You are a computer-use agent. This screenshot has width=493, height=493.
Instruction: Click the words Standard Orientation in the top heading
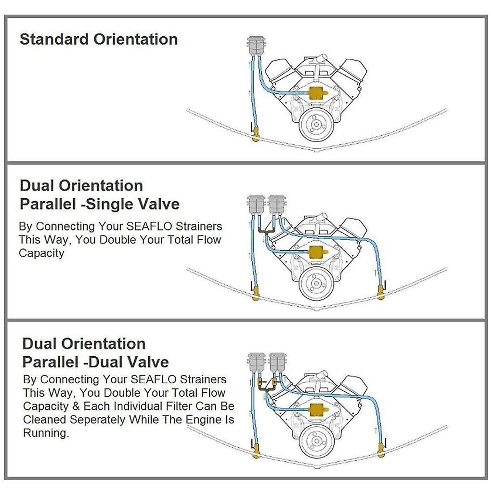[99, 39]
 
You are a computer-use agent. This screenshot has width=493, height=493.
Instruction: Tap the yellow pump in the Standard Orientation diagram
[316, 94]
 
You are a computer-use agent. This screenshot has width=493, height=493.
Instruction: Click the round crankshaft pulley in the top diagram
[315, 124]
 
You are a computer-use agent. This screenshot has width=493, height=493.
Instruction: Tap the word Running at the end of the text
[45, 433]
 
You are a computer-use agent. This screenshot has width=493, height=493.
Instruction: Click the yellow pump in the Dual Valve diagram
[316, 409]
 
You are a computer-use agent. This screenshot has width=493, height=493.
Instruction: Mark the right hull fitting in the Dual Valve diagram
[381, 450]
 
